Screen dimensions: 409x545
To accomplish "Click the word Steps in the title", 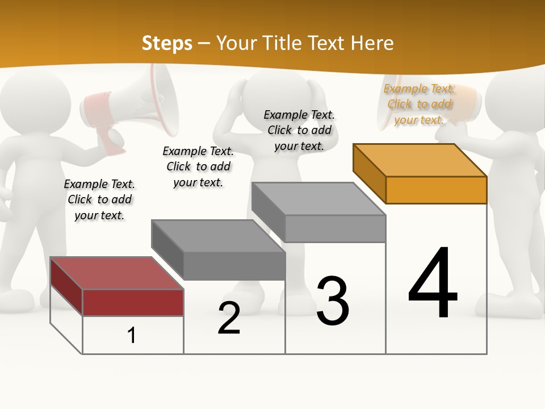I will pyautogui.click(x=167, y=43).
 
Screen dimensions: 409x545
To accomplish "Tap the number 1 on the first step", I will pyautogui.click(x=132, y=336).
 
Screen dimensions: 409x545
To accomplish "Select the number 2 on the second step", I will pyautogui.click(x=229, y=318).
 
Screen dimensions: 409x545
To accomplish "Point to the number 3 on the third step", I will pyautogui.click(x=333, y=301).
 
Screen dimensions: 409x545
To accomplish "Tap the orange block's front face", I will pyautogui.click(x=436, y=190).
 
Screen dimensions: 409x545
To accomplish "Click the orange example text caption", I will pyautogui.click(x=419, y=104).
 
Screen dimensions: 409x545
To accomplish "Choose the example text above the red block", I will pyautogui.click(x=99, y=199).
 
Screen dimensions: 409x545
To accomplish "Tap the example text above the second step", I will pyautogui.click(x=198, y=166).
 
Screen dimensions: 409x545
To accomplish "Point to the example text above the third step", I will pyautogui.click(x=299, y=130).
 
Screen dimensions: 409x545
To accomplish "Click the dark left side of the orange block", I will pyautogui.click(x=369, y=173).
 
